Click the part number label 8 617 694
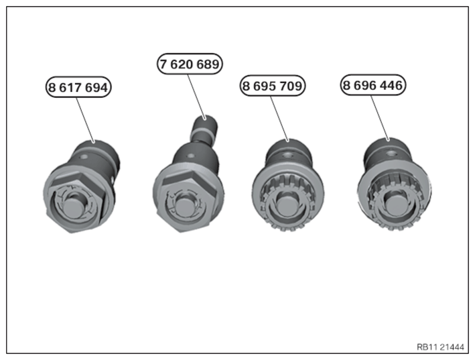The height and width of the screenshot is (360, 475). pyautogui.click(x=78, y=87)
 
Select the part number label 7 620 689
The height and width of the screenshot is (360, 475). pyautogui.click(x=190, y=64)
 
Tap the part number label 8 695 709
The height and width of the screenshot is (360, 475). pyautogui.click(x=273, y=86)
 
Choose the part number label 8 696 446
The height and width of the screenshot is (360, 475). pyautogui.click(x=372, y=85)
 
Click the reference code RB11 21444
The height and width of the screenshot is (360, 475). pyautogui.click(x=440, y=347)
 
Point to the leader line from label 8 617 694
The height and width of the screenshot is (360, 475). pyautogui.click(x=85, y=119)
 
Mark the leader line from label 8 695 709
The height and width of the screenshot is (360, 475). pyautogui.click(x=279, y=119)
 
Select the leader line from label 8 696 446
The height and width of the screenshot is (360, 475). pyautogui.click(x=380, y=117)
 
